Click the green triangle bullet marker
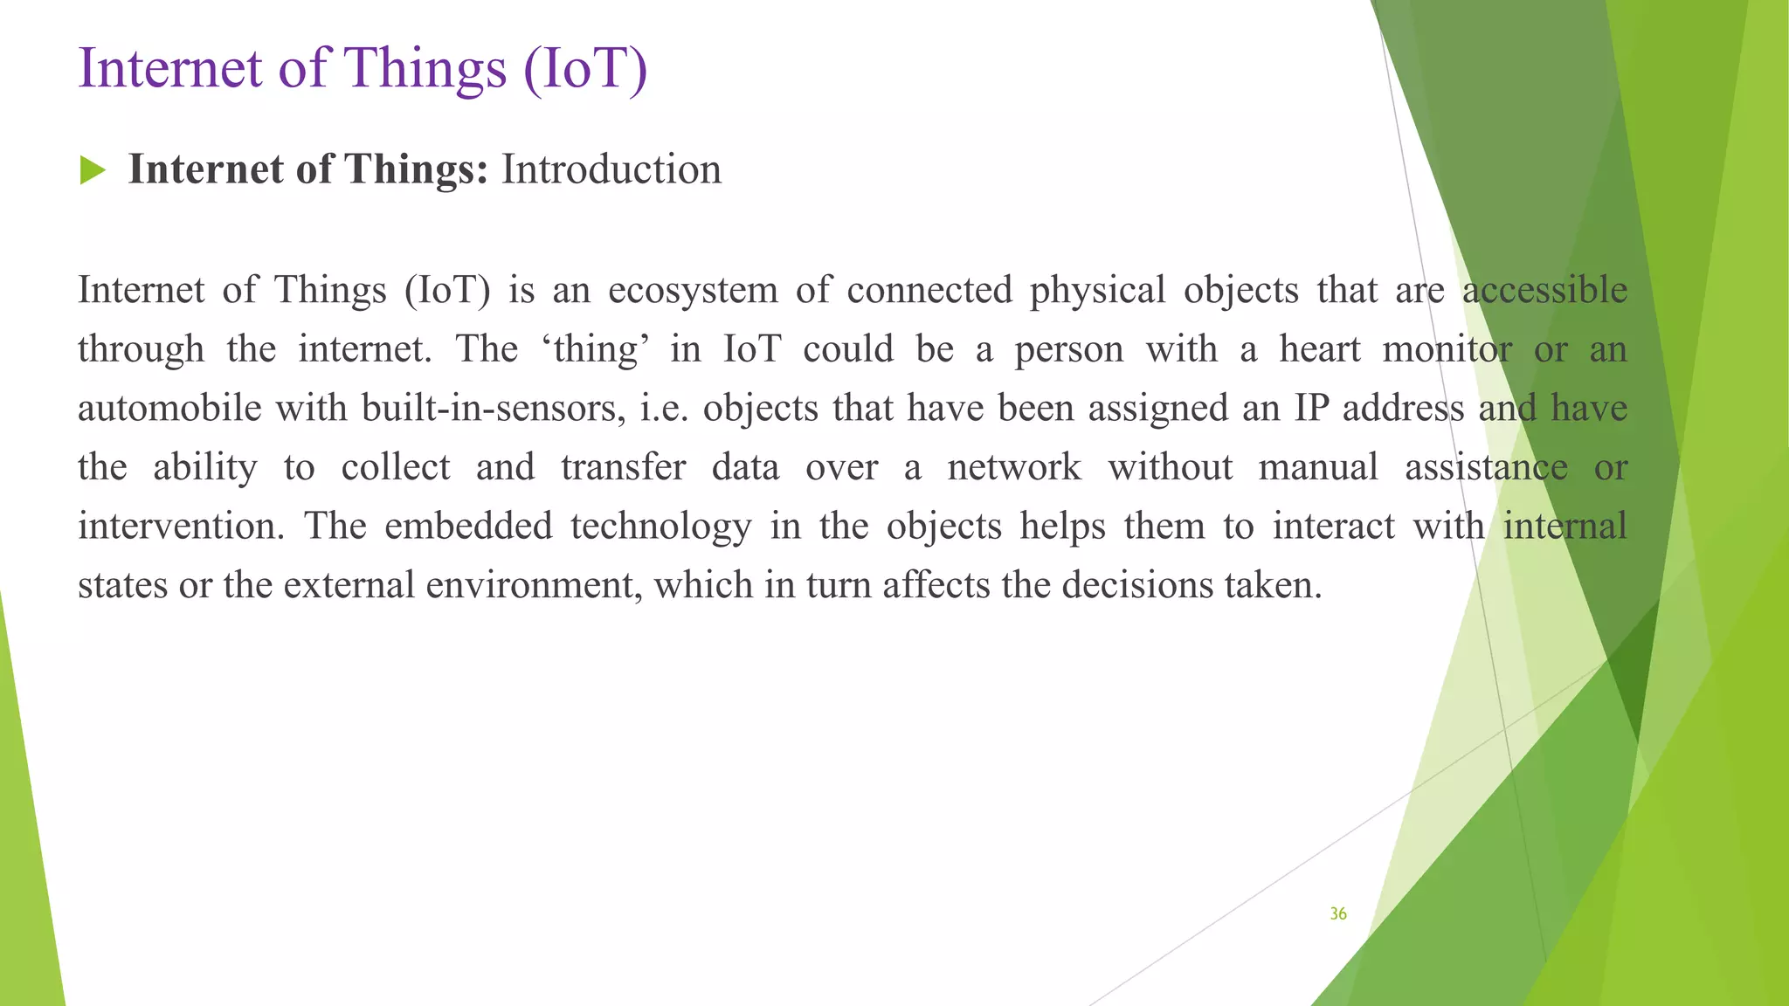pos(92,170)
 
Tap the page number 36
pos(1337,913)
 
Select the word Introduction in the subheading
pos(611,169)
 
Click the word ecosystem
pos(693,290)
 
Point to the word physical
pos(1097,290)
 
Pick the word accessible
pos(1544,290)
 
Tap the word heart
pos(1320,349)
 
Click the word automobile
pos(169,408)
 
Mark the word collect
pos(395,467)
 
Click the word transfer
pos(623,467)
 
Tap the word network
pos(1014,467)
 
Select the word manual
pos(1317,467)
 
